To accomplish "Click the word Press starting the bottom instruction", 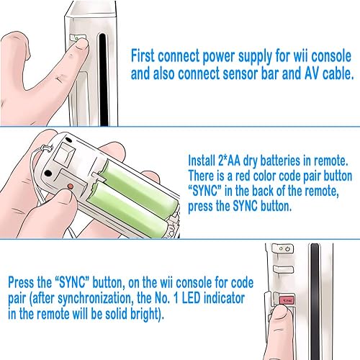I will pyautogui.click(x=27, y=279).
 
